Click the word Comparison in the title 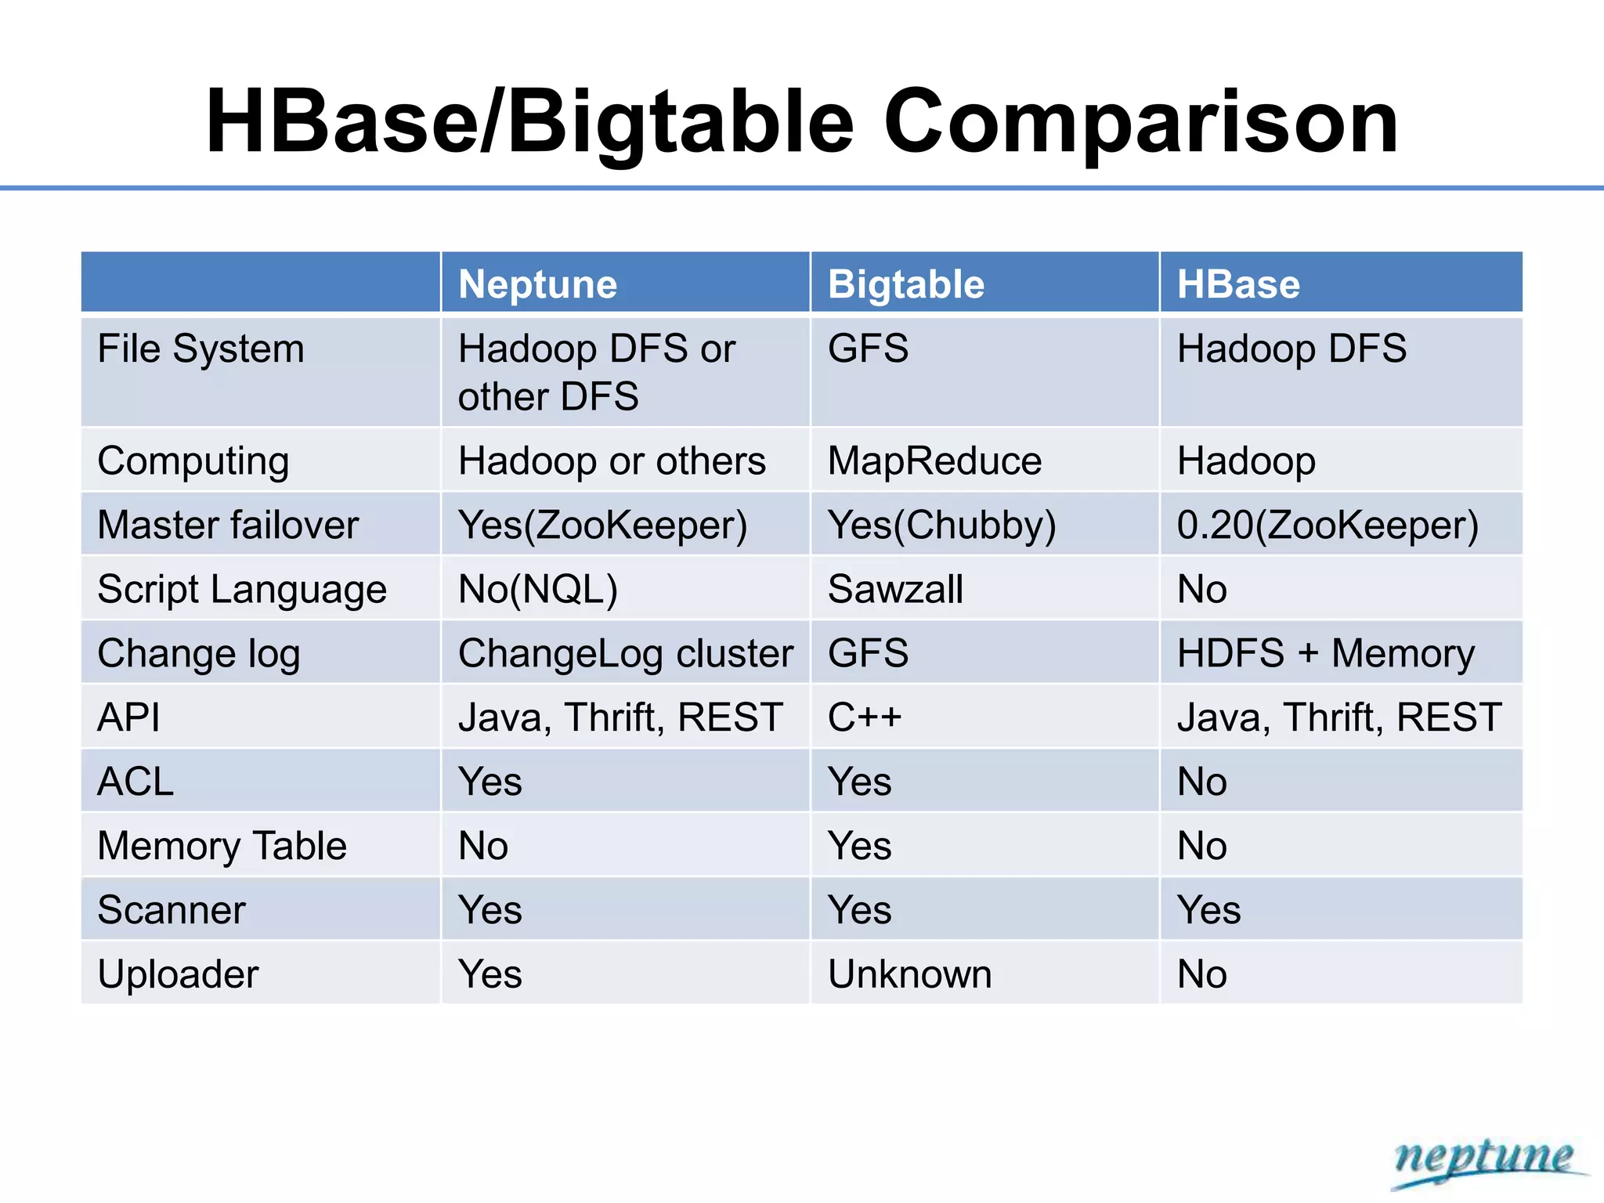(1140, 123)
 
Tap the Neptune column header (538, 284)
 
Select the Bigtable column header (906, 284)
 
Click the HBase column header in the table (1238, 284)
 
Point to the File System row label (200, 349)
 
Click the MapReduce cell (934, 461)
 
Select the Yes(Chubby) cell (941, 525)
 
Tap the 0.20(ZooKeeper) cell (1328, 525)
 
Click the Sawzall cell (895, 589)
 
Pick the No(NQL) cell (538, 589)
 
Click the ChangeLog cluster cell (625, 653)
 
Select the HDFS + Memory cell (1325, 653)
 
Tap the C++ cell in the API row (865, 717)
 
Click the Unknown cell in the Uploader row (909, 974)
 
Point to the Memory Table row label (222, 846)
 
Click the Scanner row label (172, 910)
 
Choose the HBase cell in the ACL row (1202, 782)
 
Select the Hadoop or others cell (612, 461)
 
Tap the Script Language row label (242, 589)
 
